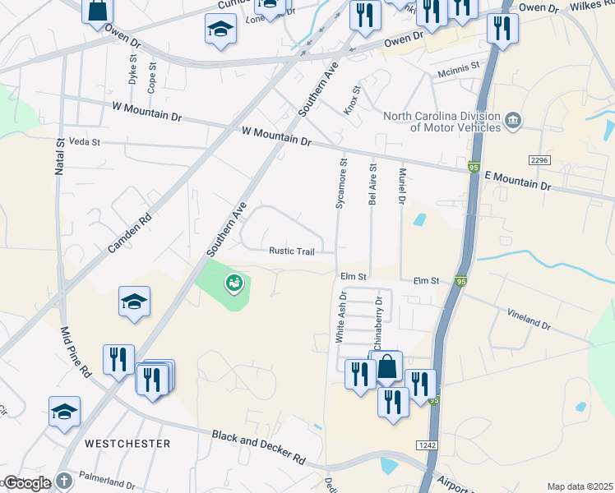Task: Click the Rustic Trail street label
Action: [292, 251]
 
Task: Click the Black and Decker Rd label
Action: [258, 447]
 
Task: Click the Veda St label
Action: [84, 142]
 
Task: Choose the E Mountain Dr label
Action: [517, 181]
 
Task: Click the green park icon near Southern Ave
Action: [234, 283]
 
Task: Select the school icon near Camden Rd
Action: [134, 302]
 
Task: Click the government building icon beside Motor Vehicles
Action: [513, 121]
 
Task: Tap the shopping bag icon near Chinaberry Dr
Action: [387, 367]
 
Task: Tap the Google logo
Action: [27, 483]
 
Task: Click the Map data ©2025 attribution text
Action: [580, 486]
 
